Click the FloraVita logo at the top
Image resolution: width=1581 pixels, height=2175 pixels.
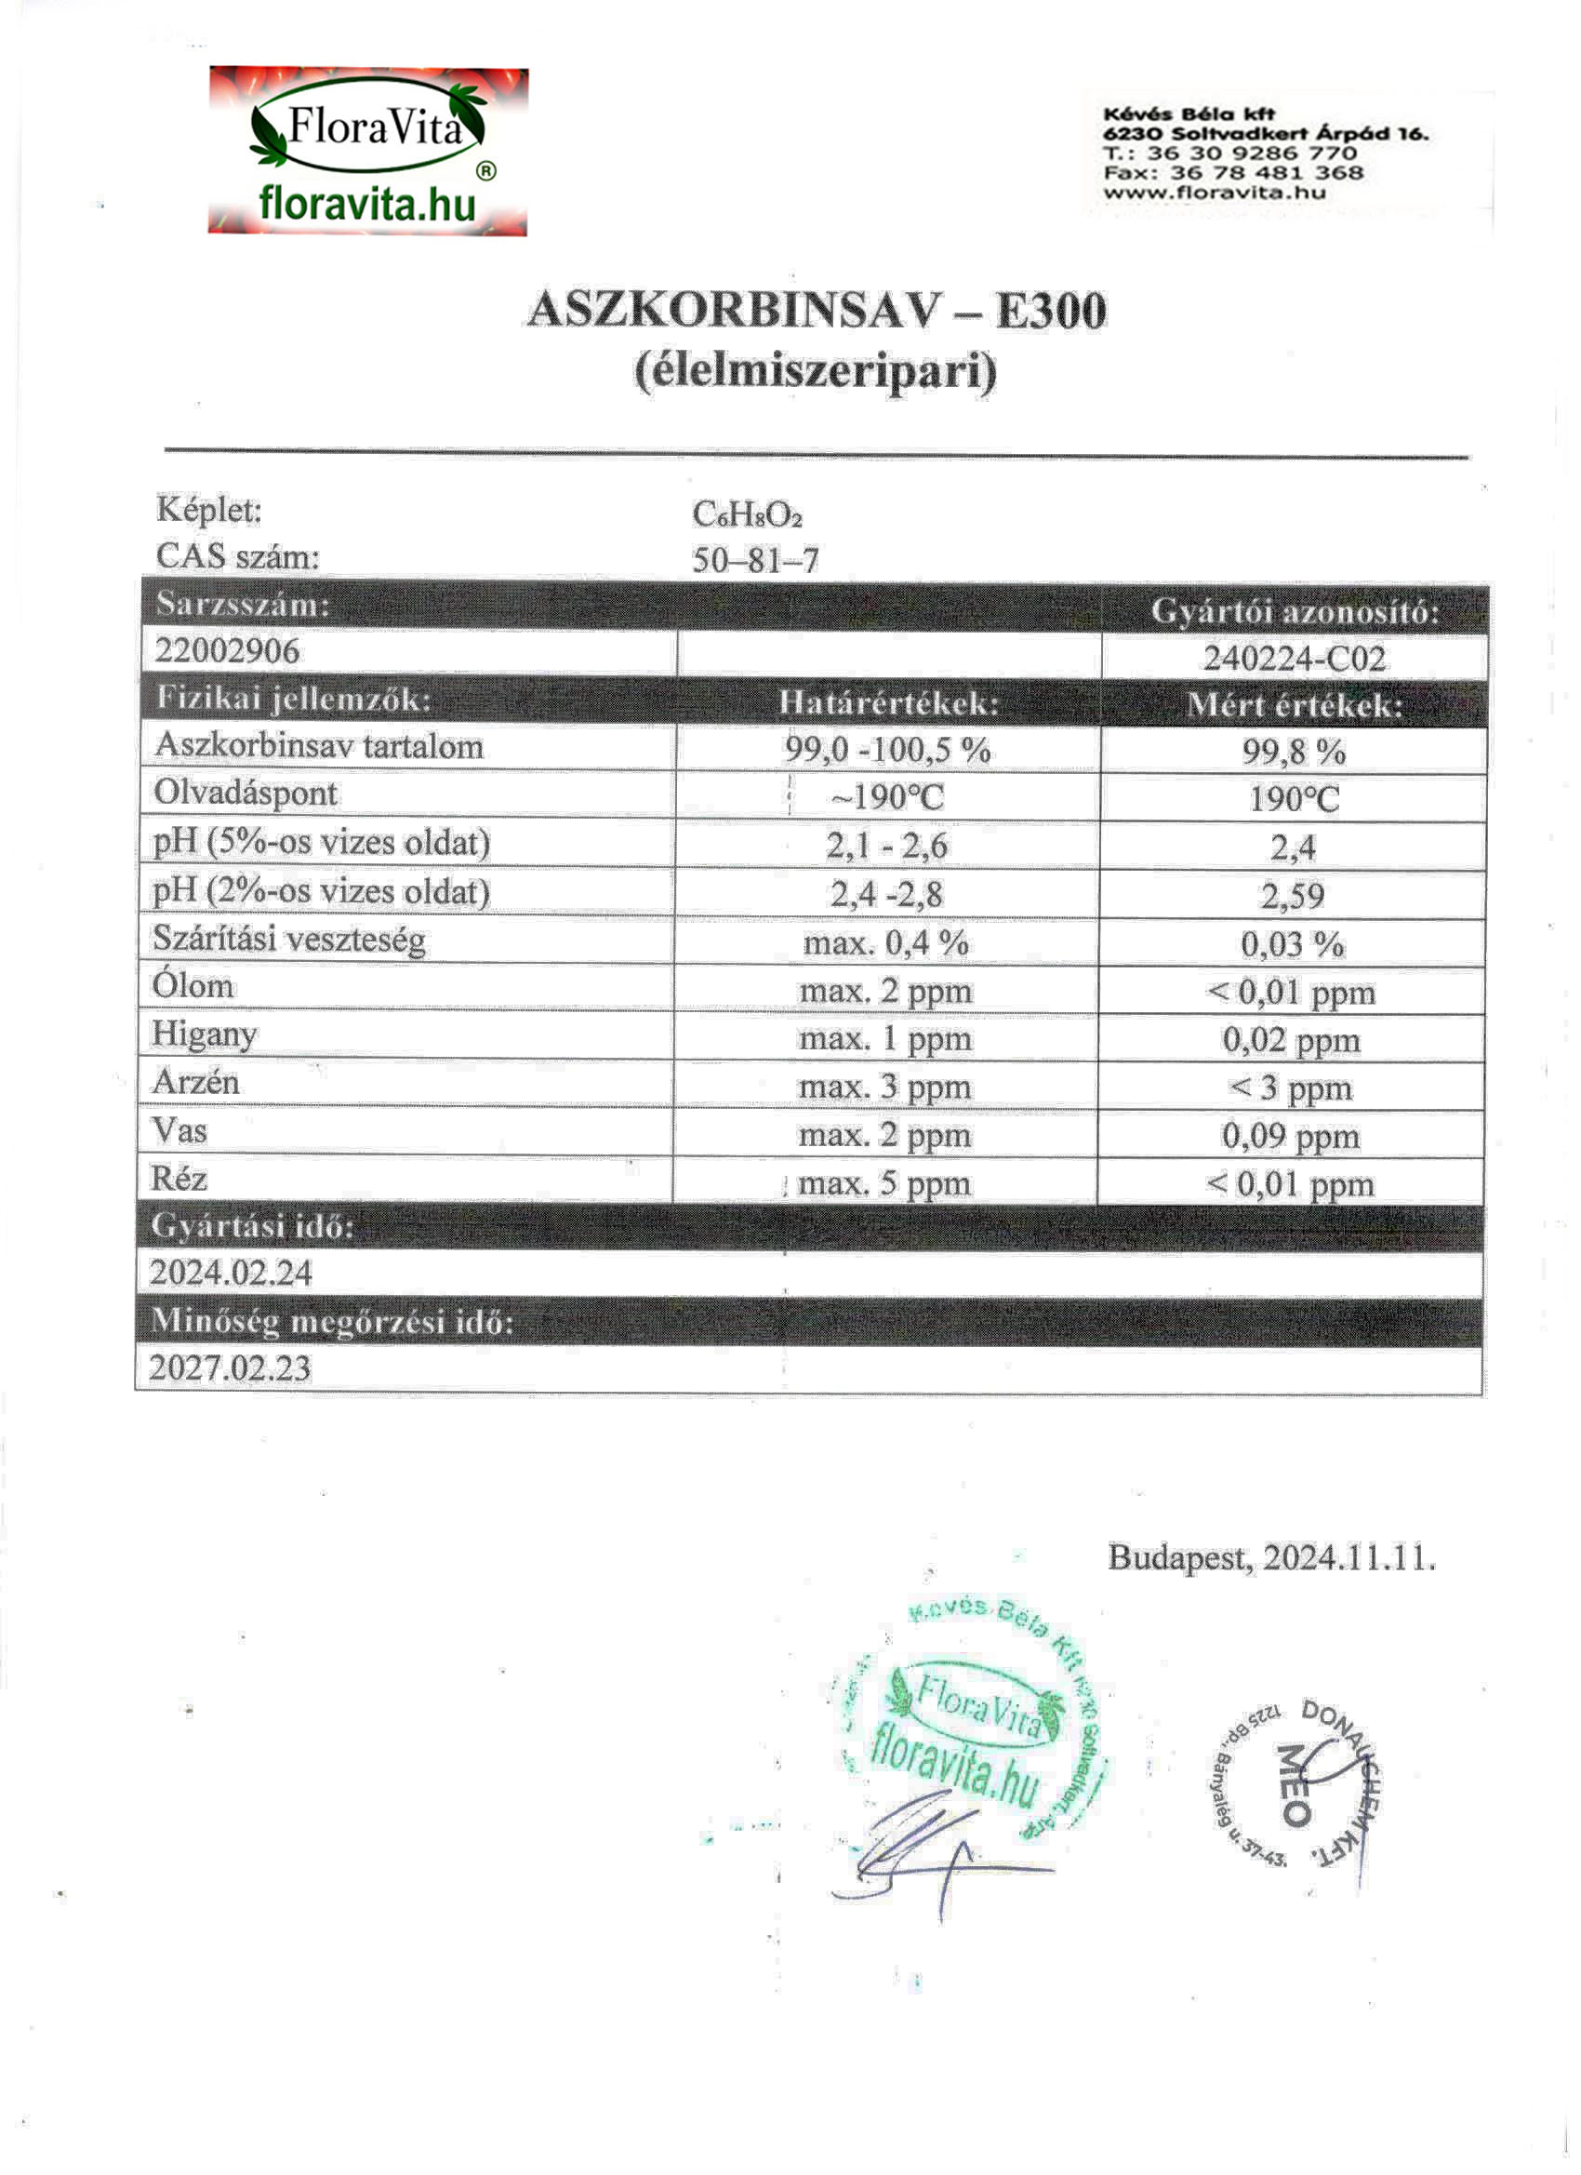368,151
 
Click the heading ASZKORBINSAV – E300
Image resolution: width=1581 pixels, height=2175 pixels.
817,311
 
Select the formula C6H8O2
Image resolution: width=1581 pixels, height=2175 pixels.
747,515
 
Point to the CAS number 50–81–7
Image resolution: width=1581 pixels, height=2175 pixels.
755,560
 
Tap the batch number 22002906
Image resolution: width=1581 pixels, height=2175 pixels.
227,651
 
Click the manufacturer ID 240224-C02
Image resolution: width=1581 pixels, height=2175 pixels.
1295,659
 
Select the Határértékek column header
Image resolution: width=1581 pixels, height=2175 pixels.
888,703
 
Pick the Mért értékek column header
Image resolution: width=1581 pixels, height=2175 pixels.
1295,706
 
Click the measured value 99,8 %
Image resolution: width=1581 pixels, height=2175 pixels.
1295,752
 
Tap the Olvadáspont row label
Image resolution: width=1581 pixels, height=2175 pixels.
246,794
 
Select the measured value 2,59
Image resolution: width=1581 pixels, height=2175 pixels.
1293,896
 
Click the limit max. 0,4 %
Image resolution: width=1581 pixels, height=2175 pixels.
886,942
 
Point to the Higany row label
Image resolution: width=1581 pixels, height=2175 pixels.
205,1034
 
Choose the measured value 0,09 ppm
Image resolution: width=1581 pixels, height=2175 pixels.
1291,1137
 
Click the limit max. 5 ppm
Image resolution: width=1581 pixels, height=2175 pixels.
884,1184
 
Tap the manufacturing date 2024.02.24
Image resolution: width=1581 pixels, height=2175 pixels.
231,1273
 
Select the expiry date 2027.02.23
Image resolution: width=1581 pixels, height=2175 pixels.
230,1368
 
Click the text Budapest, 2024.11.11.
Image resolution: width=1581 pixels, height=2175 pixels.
1271,1556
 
